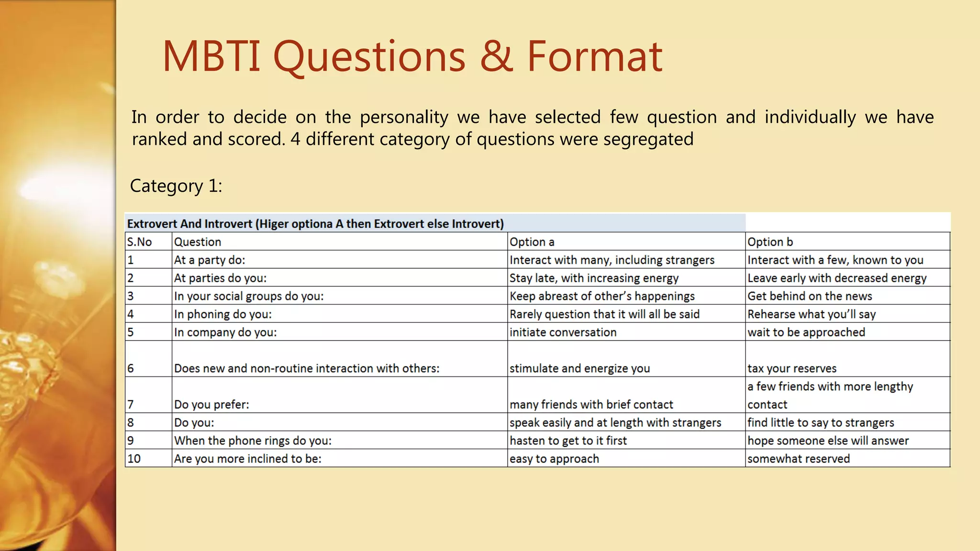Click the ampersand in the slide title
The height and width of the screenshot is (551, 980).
click(x=496, y=56)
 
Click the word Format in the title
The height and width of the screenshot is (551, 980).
click(x=594, y=56)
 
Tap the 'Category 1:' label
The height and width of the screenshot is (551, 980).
click(x=176, y=186)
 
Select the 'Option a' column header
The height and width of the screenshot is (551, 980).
click(x=532, y=242)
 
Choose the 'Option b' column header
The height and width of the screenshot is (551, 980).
click(x=770, y=242)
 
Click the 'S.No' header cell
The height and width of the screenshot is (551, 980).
click(x=139, y=242)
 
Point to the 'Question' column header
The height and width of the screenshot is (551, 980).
click(x=198, y=242)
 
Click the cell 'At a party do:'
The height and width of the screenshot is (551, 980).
click(x=210, y=260)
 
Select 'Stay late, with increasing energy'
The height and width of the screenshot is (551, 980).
click(x=594, y=278)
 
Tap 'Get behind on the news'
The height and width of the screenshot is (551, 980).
click(x=810, y=297)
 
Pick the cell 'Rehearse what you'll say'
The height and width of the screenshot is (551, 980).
click(x=812, y=314)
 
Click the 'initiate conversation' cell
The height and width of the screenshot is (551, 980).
click(x=563, y=332)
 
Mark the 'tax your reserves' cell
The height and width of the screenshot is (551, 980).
click(x=792, y=368)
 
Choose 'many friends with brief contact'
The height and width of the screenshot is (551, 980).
click(x=591, y=405)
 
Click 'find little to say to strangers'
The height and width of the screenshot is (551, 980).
click(x=821, y=423)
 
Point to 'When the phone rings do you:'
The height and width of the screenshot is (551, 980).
click(x=253, y=441)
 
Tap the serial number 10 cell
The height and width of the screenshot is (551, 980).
click(x=134, y=459)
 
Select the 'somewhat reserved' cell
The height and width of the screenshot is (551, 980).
click(x=799, y=459)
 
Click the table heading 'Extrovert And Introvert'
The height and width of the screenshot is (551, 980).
click(x=189, y=224)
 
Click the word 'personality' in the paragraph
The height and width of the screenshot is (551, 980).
click(x=404, y=117)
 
